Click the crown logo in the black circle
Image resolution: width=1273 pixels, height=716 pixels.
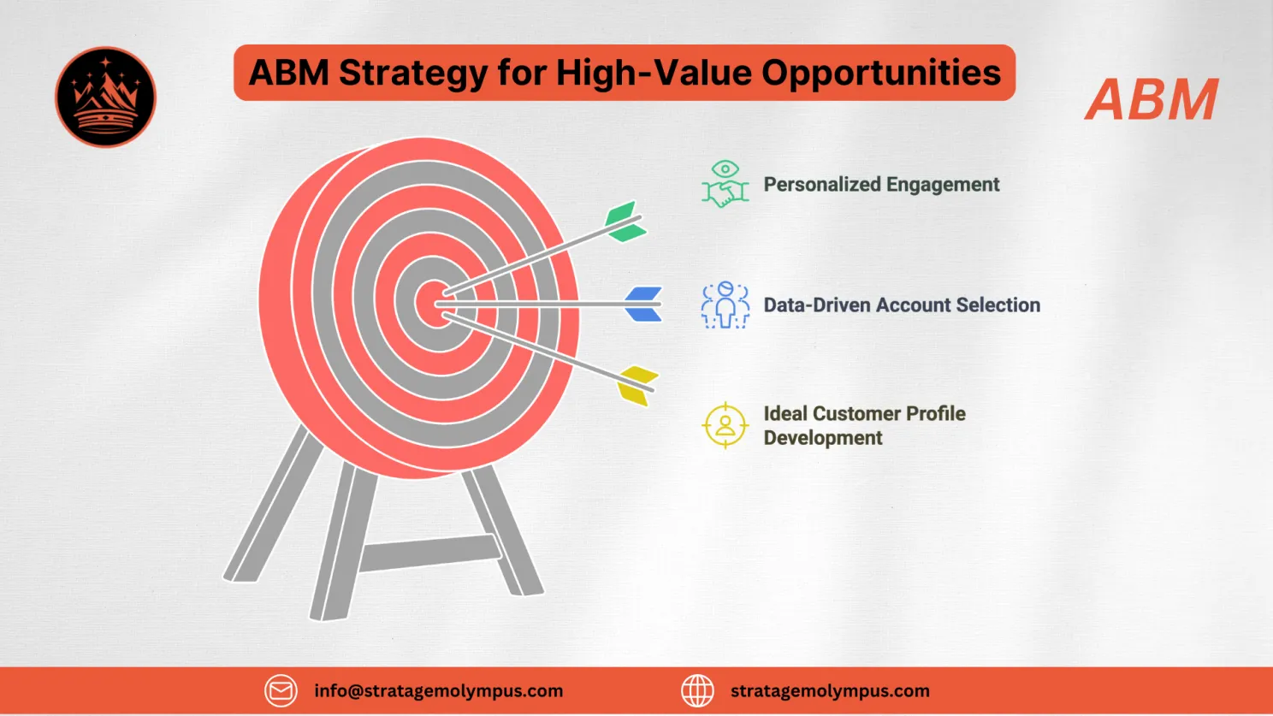point(105,97)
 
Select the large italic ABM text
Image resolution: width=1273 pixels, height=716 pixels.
point(1152,100)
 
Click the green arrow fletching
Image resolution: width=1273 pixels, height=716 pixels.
point(625,222)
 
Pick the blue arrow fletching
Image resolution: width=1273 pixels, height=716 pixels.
point(643,304)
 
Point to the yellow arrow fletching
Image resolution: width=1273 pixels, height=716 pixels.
point(637,385)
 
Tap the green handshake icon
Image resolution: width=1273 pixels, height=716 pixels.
point(725,184)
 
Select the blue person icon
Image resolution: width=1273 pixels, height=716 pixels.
point(725,305)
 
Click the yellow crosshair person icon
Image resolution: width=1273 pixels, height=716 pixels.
point(725,425)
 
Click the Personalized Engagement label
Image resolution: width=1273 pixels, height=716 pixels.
point(881,185)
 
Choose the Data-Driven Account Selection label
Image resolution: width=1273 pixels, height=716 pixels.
point(902,305)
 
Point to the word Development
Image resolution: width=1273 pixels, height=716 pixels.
point(823,438)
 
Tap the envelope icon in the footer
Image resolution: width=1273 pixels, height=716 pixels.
point(281,690)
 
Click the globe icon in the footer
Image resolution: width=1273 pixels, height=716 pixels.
point(697,690)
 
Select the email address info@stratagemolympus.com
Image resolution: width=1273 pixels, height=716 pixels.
point(438,691)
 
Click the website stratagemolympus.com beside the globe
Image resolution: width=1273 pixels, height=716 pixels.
point(830,691)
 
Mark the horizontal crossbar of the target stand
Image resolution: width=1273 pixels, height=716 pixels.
point(428,553)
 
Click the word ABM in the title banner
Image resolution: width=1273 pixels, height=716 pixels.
point(289,74)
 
